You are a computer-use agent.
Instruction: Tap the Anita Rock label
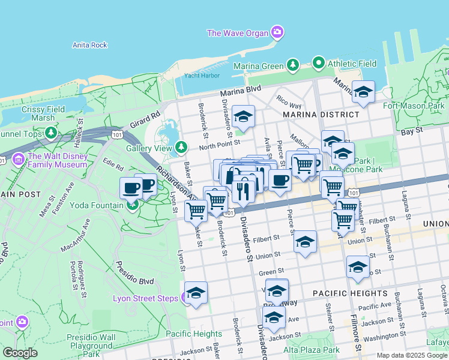pos(89,45)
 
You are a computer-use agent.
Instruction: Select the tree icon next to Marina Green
pos(292,65)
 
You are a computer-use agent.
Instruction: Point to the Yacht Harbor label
pos(202,76)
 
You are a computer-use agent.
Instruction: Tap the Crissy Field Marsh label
pos(38,113)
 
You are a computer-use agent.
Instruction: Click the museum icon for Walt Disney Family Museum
pos(18,160)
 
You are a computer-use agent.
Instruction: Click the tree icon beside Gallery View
pos(181,148)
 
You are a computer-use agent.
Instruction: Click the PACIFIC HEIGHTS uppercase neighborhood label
pos(350,293)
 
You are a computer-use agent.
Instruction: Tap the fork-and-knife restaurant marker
pos(243,191)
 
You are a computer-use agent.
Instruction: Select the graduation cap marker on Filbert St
pos(305,241)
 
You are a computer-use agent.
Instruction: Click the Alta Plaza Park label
pos(311,350)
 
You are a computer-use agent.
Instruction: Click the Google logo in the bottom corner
pos(20,353)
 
